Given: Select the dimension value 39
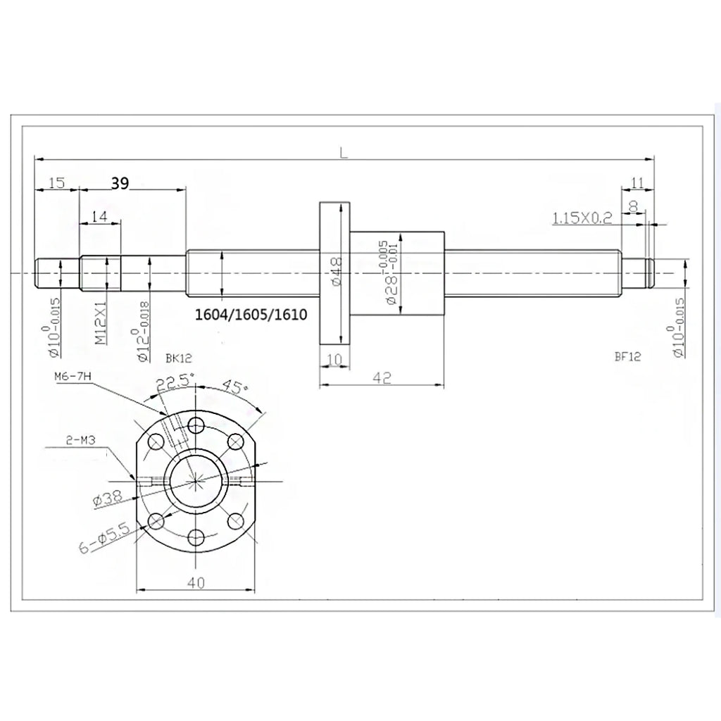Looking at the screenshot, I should (x=120, y=183).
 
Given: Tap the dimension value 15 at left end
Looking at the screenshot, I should (x=57, y=183).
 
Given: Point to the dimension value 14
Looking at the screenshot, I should (x=99, y=217).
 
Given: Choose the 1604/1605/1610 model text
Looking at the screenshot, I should (x=252, y=314).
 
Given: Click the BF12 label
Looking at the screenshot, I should (x=627, y=357).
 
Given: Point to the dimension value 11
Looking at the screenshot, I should (x=637, y=183).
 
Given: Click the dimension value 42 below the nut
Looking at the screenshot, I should (x=382, y=378).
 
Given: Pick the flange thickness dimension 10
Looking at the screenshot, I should (x=334, y=360).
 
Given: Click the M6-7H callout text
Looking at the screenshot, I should (x=73, y=378).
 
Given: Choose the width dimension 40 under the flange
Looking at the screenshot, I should (x=195, y=582).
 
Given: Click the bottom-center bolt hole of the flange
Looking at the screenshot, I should (x=196, y=539).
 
